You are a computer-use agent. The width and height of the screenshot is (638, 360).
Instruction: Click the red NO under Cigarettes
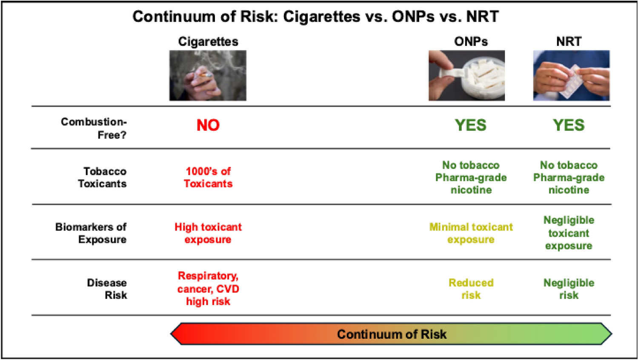(208, 125)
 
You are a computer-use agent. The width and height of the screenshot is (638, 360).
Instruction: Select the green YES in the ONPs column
(471, 125)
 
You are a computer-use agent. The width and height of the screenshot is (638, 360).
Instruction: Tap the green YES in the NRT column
(569, 125)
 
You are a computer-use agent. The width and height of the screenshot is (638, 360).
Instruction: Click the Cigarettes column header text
(208, 42)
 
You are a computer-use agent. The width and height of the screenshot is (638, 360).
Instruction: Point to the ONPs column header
(471, 42)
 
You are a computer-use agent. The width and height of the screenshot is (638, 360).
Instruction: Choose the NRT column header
(569, 42)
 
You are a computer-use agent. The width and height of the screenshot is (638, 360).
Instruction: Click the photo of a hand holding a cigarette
(208, 75)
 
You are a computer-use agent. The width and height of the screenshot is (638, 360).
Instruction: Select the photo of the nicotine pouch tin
(467, 75)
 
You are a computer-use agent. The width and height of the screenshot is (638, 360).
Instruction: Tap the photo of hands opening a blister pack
(571, 75)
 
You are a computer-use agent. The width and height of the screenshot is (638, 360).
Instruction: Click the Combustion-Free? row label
(94, 128)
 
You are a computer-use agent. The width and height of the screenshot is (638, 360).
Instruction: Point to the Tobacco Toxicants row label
(102, 177)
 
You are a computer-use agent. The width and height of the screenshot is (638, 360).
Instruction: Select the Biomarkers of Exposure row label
(91, 233)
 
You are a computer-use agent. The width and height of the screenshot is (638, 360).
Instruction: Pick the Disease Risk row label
(107, 289)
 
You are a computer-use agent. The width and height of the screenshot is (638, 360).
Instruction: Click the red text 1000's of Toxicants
(208, 177)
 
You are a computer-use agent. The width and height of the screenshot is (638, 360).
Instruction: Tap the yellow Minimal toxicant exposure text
(471, 233)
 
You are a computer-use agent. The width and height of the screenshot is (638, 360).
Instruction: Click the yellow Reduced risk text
(471, 289)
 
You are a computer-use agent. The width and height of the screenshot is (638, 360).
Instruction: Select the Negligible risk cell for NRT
(569, 289)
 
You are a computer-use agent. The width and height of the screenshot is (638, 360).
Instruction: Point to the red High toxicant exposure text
(208, 233)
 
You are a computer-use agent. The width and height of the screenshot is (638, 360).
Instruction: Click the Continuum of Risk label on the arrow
(392, 334)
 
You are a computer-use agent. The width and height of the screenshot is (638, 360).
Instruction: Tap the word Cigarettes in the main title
(322, 16)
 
